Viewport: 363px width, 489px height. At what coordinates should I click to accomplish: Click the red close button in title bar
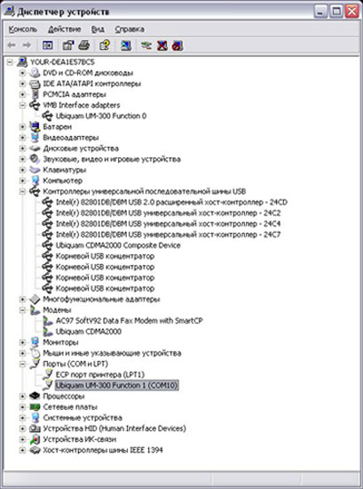[352, 12]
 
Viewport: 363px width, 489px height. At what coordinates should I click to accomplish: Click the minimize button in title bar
[320, 12]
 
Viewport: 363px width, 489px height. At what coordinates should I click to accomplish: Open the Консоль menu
[23, 29]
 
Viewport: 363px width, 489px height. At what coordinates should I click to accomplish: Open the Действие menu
[65, 29]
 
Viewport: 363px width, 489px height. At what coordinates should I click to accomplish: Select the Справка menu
[130, 29]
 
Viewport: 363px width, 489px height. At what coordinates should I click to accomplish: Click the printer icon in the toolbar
[84, 45]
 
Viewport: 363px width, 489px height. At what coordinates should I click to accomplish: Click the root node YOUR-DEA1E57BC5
[62, 62]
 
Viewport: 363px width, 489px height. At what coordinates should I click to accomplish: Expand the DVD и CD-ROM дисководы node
[22, 73]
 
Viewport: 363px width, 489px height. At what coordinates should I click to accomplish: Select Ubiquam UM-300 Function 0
[101, 116]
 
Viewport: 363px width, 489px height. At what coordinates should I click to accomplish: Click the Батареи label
[58, 127]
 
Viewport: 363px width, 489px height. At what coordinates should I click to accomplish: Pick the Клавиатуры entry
[65, 170]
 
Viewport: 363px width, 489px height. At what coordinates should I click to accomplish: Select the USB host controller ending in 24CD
[171, 203]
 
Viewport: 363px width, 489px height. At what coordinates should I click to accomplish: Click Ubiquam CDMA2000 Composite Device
[118, 245]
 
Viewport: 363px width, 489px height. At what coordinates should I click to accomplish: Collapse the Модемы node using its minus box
[22, 310]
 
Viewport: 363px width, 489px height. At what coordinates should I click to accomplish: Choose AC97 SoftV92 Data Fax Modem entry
[130, 321]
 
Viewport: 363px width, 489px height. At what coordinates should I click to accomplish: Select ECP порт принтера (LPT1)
[100, 374]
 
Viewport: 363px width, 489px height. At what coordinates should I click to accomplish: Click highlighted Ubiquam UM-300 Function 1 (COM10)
[116, 386]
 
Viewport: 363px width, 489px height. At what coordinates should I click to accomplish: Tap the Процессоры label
[64, 397]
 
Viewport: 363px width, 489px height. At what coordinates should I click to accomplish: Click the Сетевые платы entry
[70, 407]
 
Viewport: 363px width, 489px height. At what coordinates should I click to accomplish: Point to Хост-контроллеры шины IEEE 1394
[103, 450]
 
